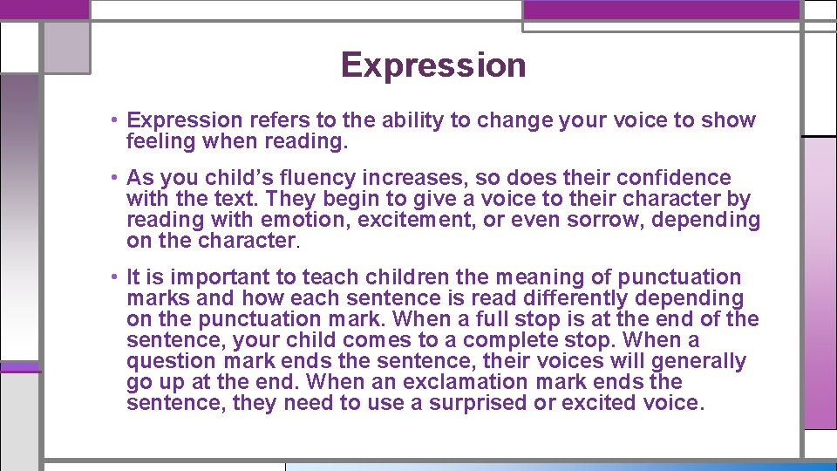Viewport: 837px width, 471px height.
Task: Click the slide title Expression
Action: click(x=433, y=65)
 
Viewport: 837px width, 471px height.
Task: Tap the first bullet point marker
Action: click(x=115, y=120)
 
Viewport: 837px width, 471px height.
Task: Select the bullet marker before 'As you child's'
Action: click(x=115, y=178)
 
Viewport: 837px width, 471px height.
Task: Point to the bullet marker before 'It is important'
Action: click(x=115, y=277)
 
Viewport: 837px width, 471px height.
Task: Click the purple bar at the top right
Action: click(x=661, y=10)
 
